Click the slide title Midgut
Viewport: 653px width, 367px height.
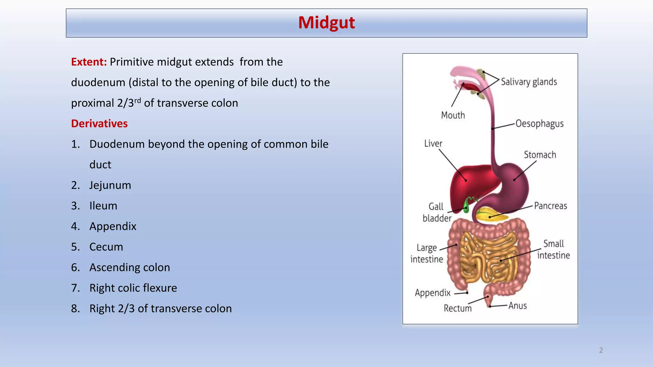tap(326, 23)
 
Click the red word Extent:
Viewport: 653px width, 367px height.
tap(89, 62)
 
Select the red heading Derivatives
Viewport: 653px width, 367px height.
tap(99, 124)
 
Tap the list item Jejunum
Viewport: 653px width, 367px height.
tap(110, 185)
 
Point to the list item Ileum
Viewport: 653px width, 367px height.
tap(103, 206)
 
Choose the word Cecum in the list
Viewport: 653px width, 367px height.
tap(106, 247)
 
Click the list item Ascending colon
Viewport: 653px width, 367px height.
tap(129, 267)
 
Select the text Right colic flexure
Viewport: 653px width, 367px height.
tap(133, 288)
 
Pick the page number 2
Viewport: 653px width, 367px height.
tap(601, 350)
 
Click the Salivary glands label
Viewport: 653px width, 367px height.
tap(529, 82)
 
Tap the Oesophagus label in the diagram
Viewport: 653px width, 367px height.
tap(539, 124)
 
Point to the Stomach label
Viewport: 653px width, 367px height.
tap(540, 155)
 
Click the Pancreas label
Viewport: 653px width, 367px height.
tap(550, 206)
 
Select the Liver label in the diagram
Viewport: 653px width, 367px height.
tap(433, 144)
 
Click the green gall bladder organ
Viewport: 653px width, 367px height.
tap(466, 205)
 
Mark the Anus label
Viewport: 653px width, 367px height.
tap(517, 306)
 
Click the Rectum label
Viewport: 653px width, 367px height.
tap(458, 308)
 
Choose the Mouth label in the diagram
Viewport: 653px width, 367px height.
tap(453, 115)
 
